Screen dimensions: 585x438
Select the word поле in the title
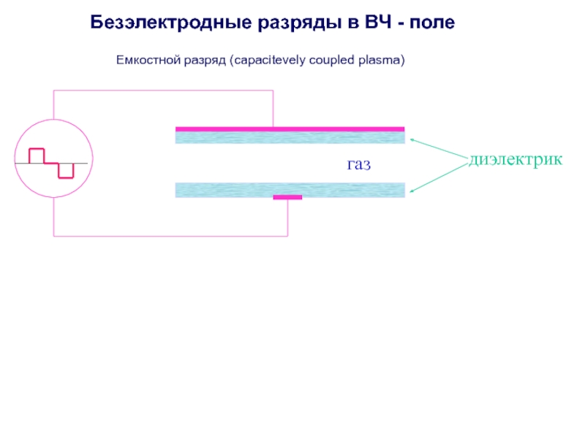coord(432,23)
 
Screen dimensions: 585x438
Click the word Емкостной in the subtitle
coord(145,60)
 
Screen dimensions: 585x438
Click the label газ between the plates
coord(358,165)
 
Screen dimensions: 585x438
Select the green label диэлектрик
coord(516,158)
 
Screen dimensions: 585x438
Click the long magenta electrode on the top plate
coord(290,128)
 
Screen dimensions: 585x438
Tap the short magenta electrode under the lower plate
coord(287,197)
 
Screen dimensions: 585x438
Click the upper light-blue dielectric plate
coord(290,137)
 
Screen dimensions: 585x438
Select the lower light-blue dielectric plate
coord(290,190)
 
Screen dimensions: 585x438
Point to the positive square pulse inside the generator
coord(37,155)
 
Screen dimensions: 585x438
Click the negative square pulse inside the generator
coord(66,170)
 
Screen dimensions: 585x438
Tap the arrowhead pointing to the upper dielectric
coord(412,138)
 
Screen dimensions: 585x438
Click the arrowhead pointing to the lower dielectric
coord(412,191)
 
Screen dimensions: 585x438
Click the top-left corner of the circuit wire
coord(53,91)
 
